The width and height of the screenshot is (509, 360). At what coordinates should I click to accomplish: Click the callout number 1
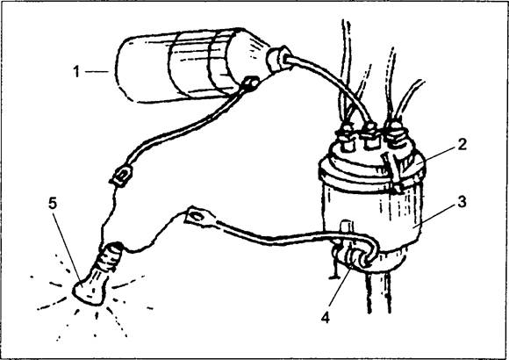pos(76,71)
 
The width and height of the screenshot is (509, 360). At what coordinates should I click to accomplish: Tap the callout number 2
pos(462,144)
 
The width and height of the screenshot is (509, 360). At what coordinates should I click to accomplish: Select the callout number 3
pos(462,201)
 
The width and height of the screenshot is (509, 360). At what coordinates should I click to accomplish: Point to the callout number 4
pos(326,317)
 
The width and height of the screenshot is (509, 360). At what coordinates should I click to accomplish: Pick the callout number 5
pos(53,204)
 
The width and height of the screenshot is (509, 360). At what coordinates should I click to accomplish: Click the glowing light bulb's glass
pos(90,289)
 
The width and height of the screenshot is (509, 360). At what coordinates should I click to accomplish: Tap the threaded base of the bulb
pos(110,256)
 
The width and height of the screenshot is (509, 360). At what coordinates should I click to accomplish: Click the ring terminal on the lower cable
pos(199,217)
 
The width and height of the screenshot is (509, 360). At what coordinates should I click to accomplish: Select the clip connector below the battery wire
pos(122,176)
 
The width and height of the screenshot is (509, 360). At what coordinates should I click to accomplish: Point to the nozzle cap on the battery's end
pos(279,59)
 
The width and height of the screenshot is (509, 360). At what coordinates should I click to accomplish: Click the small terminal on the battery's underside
pos(251,83)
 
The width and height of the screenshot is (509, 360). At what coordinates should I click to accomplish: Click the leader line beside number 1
pos(96,72)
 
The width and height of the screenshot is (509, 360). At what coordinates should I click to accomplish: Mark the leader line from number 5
pos(67,245)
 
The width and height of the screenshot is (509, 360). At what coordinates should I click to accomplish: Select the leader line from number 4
pos(340,286)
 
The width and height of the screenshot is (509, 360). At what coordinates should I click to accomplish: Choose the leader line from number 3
pos(434,215)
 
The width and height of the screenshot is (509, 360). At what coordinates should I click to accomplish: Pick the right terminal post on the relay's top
pos(397,135)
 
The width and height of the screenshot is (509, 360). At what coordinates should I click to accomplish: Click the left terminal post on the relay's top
pos(346,139)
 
